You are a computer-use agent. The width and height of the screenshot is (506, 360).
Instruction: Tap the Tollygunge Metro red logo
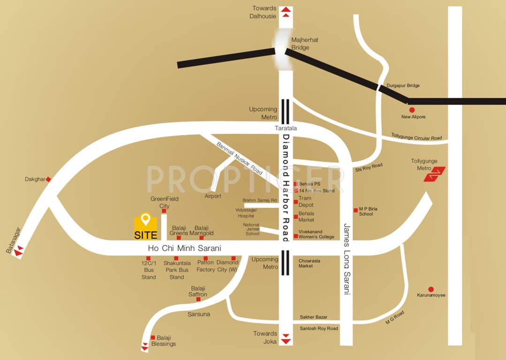(x=434, y=174)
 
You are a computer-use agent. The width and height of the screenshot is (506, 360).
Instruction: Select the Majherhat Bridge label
(x=304, y=44)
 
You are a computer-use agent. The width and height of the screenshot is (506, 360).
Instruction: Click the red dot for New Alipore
(x=412, y=110)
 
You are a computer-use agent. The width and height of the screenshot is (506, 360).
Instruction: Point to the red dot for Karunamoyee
(x=431, y=289)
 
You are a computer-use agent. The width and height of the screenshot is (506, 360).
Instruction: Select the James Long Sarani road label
(x=347, y=258)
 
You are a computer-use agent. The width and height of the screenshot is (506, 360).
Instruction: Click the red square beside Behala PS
(x=296, y=184)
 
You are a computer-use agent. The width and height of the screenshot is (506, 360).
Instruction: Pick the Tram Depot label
(x=305, y=202)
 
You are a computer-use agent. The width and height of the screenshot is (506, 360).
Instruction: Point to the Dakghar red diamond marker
(x=48, y=180)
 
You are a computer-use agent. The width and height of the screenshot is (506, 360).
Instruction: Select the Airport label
(x=213, y=196)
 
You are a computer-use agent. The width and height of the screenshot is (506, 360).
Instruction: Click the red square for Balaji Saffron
(x=198, y=299)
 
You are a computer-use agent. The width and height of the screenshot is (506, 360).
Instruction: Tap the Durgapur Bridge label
(x=403, y=86)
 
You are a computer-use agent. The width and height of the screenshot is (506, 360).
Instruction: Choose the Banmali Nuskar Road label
(x=239, y=158)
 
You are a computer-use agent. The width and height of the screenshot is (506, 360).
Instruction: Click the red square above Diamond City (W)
(x=234, y=258)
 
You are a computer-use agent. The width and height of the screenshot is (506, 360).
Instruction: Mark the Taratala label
(x=286, y=128)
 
